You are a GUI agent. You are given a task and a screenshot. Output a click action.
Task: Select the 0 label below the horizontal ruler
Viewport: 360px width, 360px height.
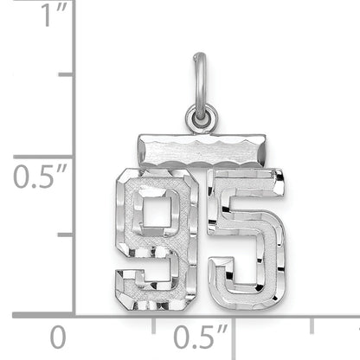tap(58, 336)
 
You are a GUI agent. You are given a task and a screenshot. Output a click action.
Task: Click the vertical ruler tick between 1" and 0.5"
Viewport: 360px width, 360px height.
tap(66, 75)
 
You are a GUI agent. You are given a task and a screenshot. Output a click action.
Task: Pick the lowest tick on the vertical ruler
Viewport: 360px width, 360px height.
tap(66, 235)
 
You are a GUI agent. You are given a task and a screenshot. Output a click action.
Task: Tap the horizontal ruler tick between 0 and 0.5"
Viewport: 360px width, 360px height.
tap(154, 325)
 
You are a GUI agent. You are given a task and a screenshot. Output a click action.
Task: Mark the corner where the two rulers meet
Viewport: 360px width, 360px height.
tap(74, 315)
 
